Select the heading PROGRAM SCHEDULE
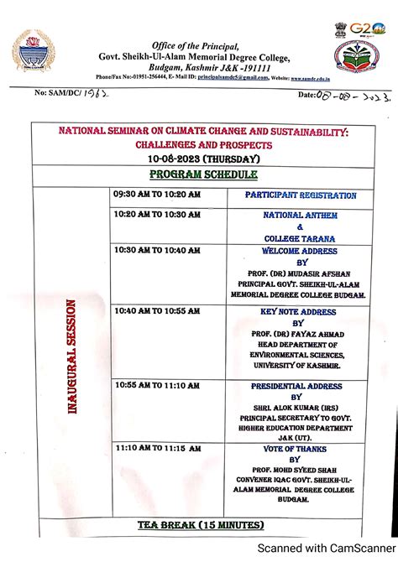tap(202, 174)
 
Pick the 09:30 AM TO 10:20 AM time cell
tap(157, 194)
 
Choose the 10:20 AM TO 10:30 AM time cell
tap(157, 215)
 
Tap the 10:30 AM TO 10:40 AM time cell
tap(157, 250)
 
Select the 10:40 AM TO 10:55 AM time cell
tap(158, 310)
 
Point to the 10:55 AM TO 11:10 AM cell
tap(158, 386)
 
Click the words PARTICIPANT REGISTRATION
tap(301, 195)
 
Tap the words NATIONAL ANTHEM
tap(300, 215)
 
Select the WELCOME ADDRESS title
tap(300, 250)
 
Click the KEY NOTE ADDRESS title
tap(297, 311)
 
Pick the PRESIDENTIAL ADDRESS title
tap(297, 387)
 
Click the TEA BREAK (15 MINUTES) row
tap(201, 525)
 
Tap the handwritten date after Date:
tap(353, 96)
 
